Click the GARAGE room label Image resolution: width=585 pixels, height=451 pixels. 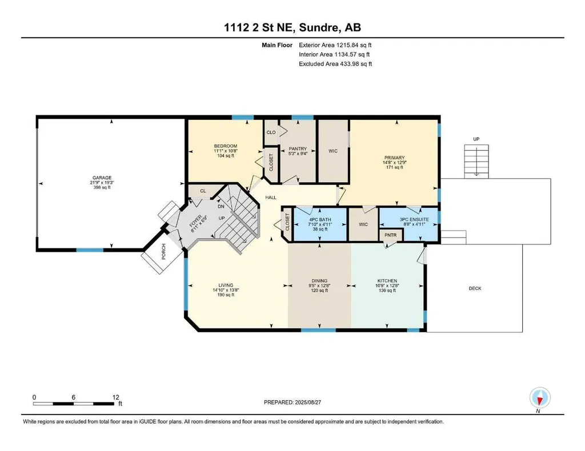point(102,178)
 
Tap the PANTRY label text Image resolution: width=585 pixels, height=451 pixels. point(298,149)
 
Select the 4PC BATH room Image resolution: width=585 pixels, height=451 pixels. point(320,224)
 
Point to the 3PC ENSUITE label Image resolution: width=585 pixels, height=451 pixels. point(414,220)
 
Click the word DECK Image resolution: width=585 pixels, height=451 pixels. point(475,288)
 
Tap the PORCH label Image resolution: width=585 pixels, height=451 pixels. point(163,252)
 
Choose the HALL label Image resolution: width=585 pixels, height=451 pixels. point(271,197)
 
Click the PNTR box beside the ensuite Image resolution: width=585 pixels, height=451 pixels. point(391,235)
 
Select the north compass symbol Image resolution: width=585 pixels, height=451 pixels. point(540,398)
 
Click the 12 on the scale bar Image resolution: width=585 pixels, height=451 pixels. point(115,397)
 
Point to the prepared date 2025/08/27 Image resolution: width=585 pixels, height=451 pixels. point(308,402)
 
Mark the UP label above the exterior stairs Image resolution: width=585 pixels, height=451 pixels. point(476,139)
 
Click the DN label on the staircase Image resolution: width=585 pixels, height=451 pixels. point(221,206)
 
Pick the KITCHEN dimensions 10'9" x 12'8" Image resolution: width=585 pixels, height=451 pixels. point(387,285)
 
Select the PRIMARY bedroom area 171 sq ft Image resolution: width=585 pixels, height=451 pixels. point(394,167)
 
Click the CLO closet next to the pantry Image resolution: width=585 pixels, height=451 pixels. point(271,132)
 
